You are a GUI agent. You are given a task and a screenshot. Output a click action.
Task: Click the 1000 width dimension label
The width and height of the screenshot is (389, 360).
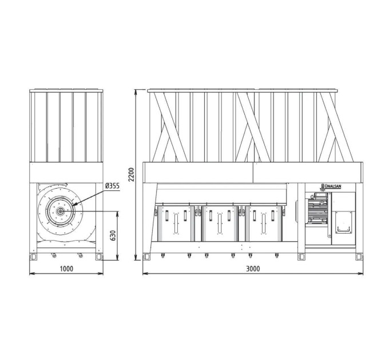(x=66, y=269)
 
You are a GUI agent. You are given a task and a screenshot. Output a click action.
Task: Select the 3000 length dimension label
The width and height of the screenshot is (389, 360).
(x=253, y=269)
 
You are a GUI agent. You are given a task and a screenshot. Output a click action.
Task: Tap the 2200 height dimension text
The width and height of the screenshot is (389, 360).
(x=132, y=174)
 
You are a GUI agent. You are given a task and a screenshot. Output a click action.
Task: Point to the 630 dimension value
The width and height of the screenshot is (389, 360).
(x=112, y=236)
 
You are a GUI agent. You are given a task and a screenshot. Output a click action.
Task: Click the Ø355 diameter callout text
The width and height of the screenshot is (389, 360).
(x=112, y=186)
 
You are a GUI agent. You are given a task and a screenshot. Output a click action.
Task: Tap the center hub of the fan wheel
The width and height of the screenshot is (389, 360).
(x=60, y=211)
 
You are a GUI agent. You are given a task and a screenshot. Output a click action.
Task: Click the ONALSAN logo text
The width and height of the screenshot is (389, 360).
(x=332, y=186)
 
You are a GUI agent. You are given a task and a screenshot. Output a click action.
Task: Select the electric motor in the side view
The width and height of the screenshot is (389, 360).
(x=317, y=209)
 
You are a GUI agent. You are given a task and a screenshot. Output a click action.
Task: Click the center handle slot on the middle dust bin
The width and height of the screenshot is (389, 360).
(x=220, y=224)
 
